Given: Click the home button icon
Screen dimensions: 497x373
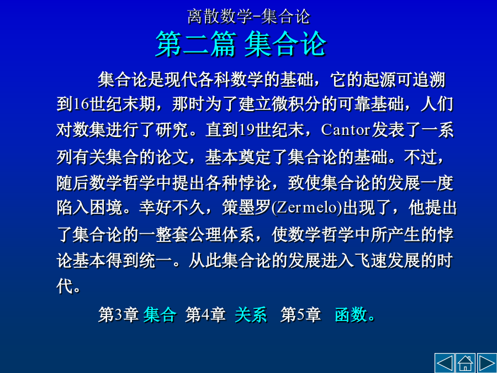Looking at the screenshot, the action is [466, 363].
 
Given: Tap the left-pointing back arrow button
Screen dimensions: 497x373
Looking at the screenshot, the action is [445, 363].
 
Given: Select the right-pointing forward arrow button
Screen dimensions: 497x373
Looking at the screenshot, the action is [487, 363].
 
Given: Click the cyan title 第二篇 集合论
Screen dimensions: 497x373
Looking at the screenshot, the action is [241, 44].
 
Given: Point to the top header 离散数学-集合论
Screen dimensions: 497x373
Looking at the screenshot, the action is [248, 17].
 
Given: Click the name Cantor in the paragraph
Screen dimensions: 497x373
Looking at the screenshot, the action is [346, 129].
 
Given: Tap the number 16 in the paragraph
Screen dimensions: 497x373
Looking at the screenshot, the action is [82, 104].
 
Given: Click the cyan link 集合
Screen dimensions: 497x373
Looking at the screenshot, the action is [160, 314].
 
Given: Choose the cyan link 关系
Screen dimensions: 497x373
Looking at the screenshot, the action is [251, 314].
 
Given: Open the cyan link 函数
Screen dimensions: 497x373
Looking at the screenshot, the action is [351, 314].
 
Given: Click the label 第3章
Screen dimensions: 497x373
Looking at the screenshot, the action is [118, 314].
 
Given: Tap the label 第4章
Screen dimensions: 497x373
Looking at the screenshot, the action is [205, 314].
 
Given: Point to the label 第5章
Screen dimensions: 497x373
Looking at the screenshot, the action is [300, 314].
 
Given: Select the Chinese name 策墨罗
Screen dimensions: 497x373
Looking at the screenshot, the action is [246, 208].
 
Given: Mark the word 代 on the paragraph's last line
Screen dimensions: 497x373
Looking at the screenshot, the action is [65, 286].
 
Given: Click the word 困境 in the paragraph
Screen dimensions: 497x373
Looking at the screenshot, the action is [106, 208].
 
